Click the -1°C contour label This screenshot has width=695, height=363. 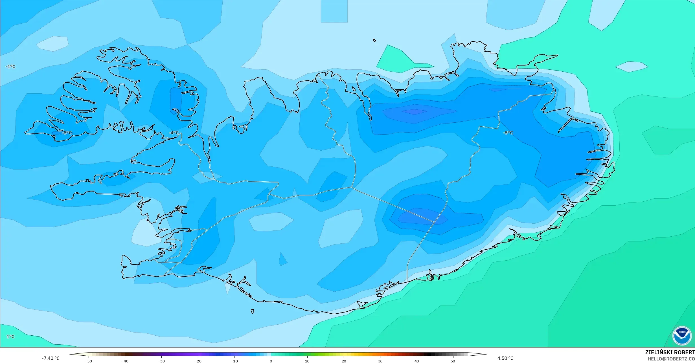10,67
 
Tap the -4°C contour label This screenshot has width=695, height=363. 174,133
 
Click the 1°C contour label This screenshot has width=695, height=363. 10,336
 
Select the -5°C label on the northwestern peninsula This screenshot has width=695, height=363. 67,133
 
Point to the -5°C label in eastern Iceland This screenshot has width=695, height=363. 508,133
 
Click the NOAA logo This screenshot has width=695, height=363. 682,336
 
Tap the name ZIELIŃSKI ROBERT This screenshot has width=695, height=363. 670,352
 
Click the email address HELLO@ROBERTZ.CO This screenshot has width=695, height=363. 671,359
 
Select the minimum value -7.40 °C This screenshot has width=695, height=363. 51,358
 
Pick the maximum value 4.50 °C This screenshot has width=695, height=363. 505,358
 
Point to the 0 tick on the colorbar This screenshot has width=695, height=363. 271,361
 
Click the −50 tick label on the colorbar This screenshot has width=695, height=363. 89,361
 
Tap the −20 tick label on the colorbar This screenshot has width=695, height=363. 198,361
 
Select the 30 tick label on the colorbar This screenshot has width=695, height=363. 380,361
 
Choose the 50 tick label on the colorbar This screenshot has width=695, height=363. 453,361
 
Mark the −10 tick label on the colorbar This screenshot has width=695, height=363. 234,361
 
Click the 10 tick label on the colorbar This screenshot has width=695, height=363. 307,361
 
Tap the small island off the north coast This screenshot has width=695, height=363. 374,40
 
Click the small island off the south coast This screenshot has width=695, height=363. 253,311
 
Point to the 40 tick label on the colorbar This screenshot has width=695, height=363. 416,361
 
